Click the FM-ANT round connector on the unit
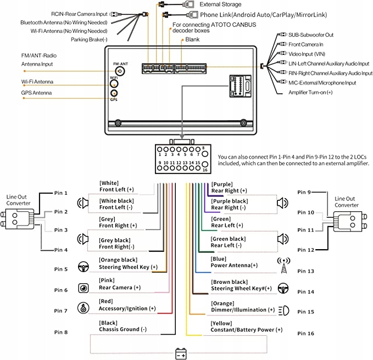(x=117, y=70)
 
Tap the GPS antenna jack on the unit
(x=114, y=94)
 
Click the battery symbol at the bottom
(x=181, y=353)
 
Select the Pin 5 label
(x=61, y=269)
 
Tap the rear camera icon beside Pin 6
(x=84, y=288)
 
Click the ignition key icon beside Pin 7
(x=84, y=308)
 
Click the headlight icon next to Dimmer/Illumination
(x=284, y=310)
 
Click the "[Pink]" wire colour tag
(x=107, y=280)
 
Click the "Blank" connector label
(x=192, y=40)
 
